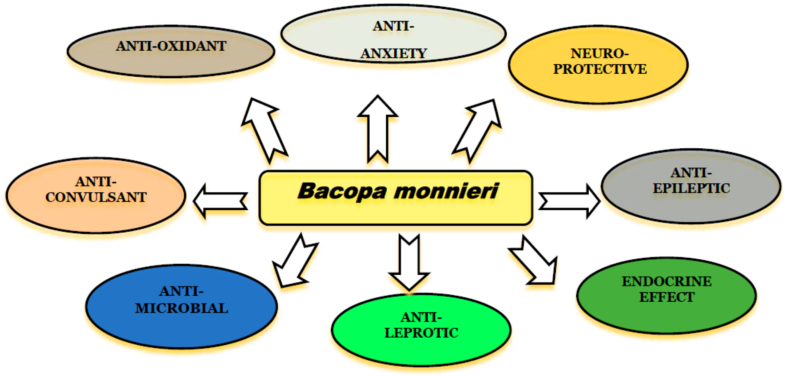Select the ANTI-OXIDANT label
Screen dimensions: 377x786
pyautogui.click(x=171, y=46)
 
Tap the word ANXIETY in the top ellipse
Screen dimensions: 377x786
pyautogui.click(x=394, y=54)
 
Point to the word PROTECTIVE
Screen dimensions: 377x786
pyautogui.click(x=600, y=69)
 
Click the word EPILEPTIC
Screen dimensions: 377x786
pyautogui.click(x=691, y=188)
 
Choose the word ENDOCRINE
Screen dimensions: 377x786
pyautogui.click(x=667, y=281)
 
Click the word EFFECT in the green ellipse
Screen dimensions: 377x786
pyautogui.click(x=667, y=297)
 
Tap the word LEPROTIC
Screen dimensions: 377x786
pyautogui.click(x=421, y=333)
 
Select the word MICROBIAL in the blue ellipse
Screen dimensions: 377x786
pyautogui.click(x=182, y=308)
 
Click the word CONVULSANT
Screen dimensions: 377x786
pyautogui.click(x=96, y=197)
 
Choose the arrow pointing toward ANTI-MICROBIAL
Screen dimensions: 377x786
pyautogui.click(x=295, y=262)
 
